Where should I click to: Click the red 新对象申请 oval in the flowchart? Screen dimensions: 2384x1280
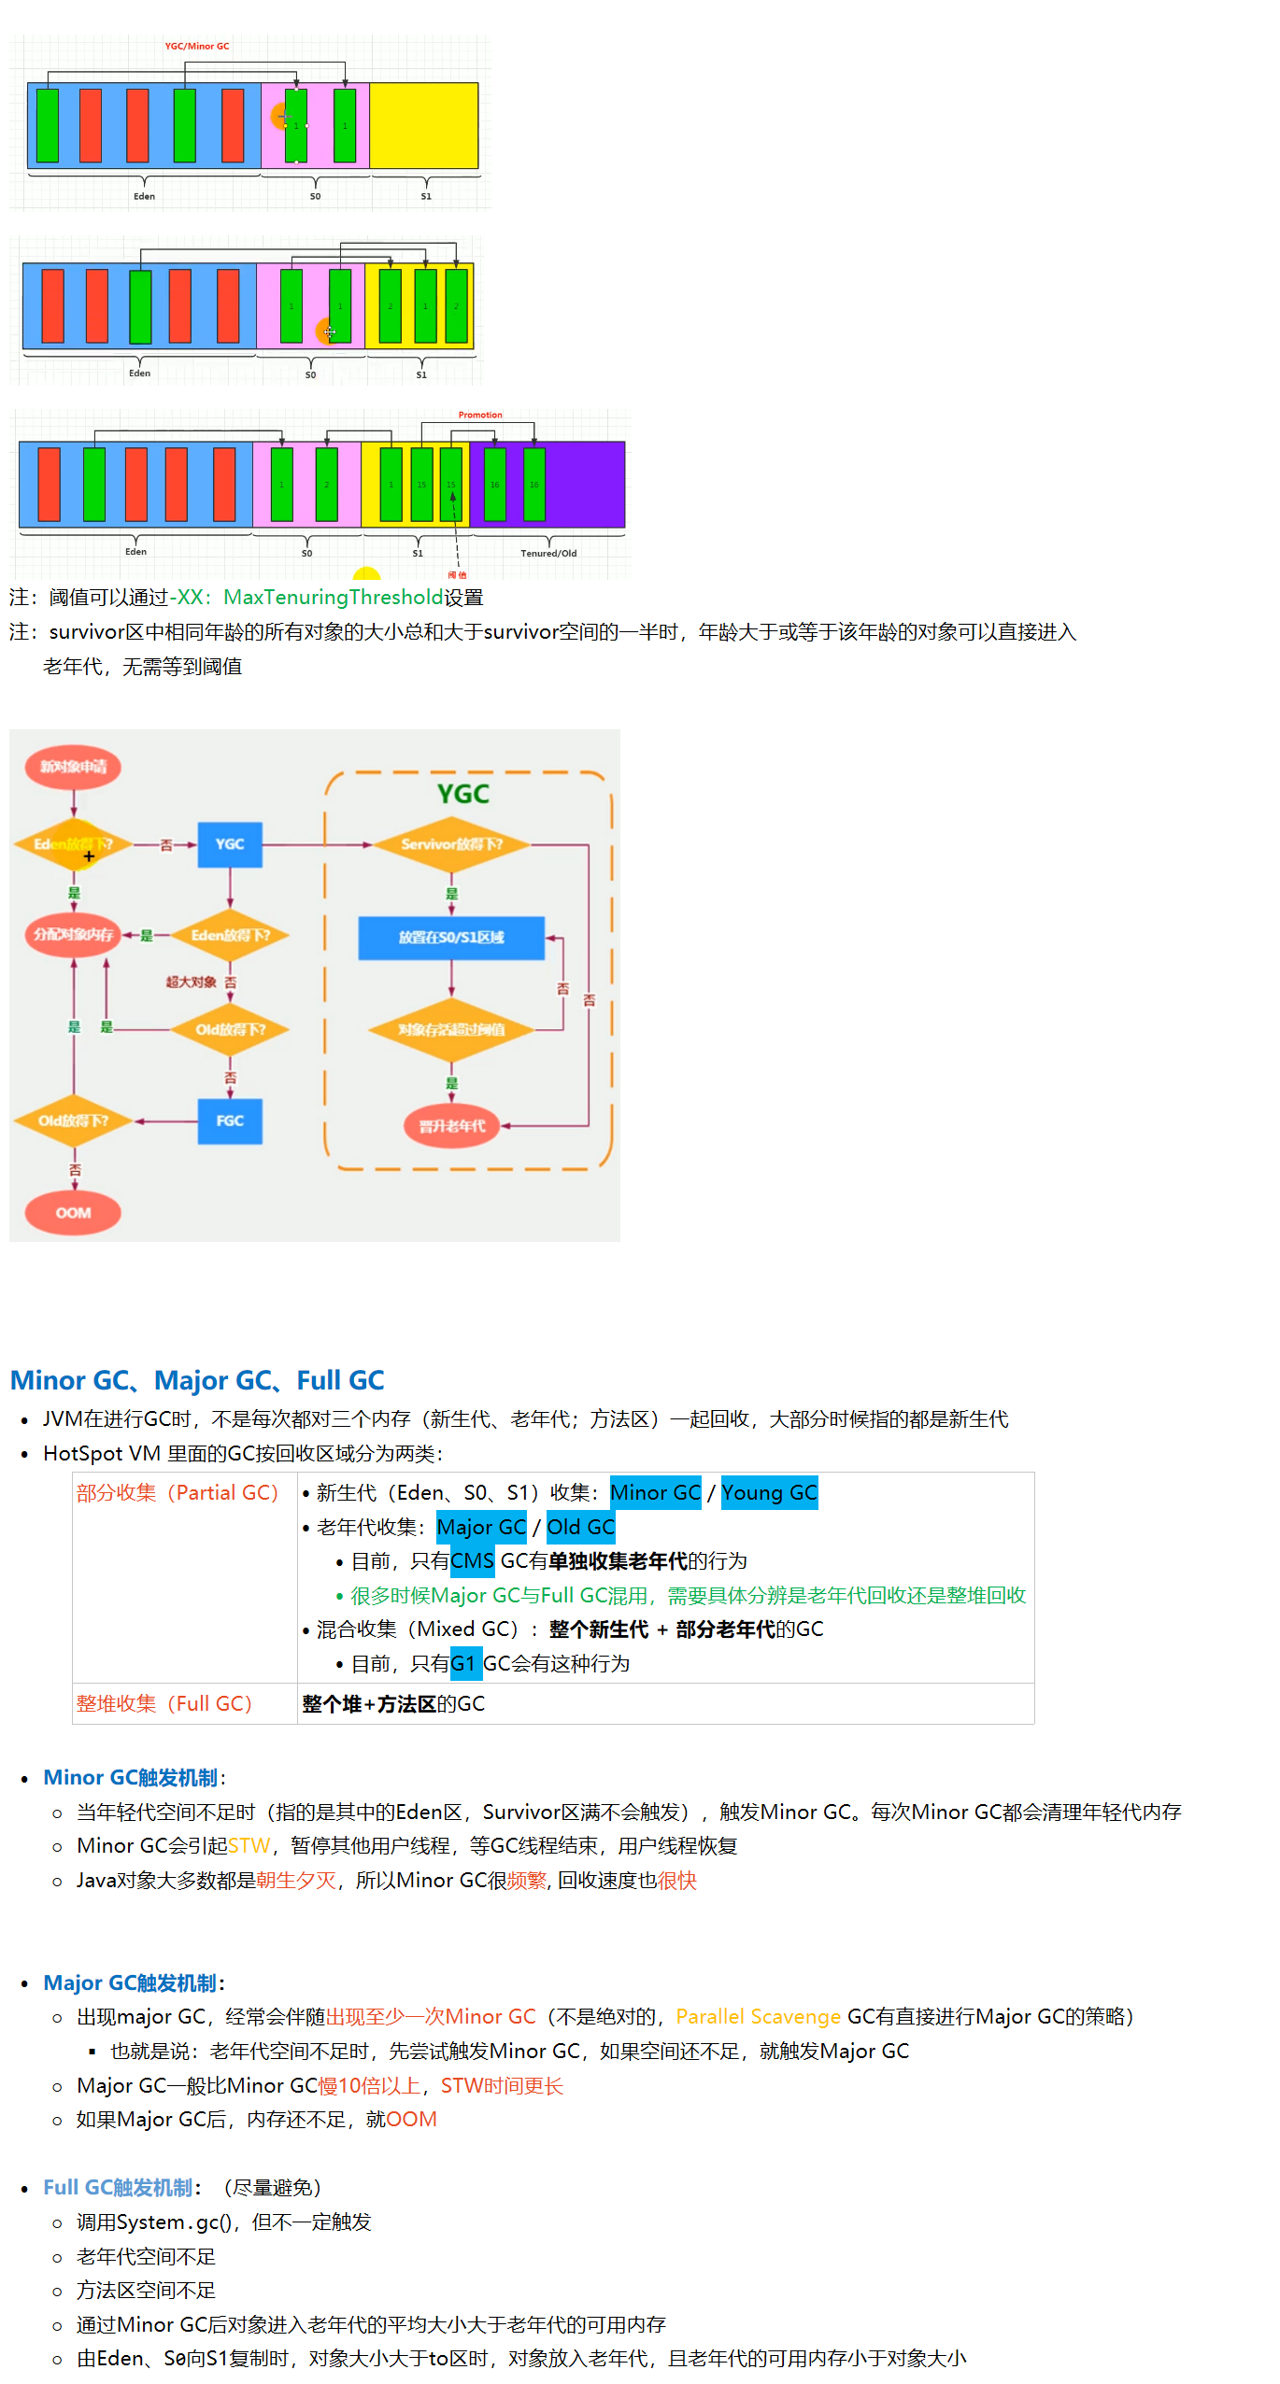(74, 767)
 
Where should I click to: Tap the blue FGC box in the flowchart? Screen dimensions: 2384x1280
(230, 1121)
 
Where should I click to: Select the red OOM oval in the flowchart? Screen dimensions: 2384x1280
(74, 1212)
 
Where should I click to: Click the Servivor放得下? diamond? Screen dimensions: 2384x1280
(452, 844)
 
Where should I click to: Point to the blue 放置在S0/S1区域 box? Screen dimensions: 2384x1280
(451, 937)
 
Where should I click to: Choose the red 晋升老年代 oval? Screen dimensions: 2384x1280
(452, 1126)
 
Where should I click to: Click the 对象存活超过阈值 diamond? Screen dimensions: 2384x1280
(451, 1029)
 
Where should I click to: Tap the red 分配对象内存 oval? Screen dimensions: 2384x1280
(74, 935)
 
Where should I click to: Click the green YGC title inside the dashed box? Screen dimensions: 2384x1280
(463, 794)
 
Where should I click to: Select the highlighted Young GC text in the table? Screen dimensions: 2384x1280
(769, 1492)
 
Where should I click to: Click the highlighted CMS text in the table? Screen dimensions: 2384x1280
(472, 1560)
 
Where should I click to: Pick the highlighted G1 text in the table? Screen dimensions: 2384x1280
(464, 1663)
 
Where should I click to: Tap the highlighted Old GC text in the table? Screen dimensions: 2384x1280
(580, 1527)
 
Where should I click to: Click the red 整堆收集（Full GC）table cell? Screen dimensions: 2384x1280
(164, 1703)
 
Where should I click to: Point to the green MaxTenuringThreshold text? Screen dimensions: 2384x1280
(334, 597)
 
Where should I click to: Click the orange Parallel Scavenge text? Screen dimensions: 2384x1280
(758, 2016)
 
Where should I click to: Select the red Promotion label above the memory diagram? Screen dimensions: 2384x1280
(480, 415)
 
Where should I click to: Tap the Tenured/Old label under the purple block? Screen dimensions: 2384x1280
(548, 553)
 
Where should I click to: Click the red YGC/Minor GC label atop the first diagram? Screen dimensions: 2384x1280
(197, 46)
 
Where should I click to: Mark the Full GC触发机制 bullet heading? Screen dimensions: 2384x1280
(118, 2187)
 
